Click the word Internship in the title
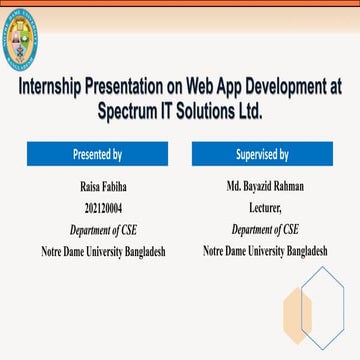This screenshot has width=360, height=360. [x=52, y=87]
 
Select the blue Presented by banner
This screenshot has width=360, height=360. [x=97, y=154]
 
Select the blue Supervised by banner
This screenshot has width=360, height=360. [x=262, y=154]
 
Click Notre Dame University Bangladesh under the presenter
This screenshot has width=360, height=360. [x=97, y=250]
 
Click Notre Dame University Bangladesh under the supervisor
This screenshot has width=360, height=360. [x=265, y=250]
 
